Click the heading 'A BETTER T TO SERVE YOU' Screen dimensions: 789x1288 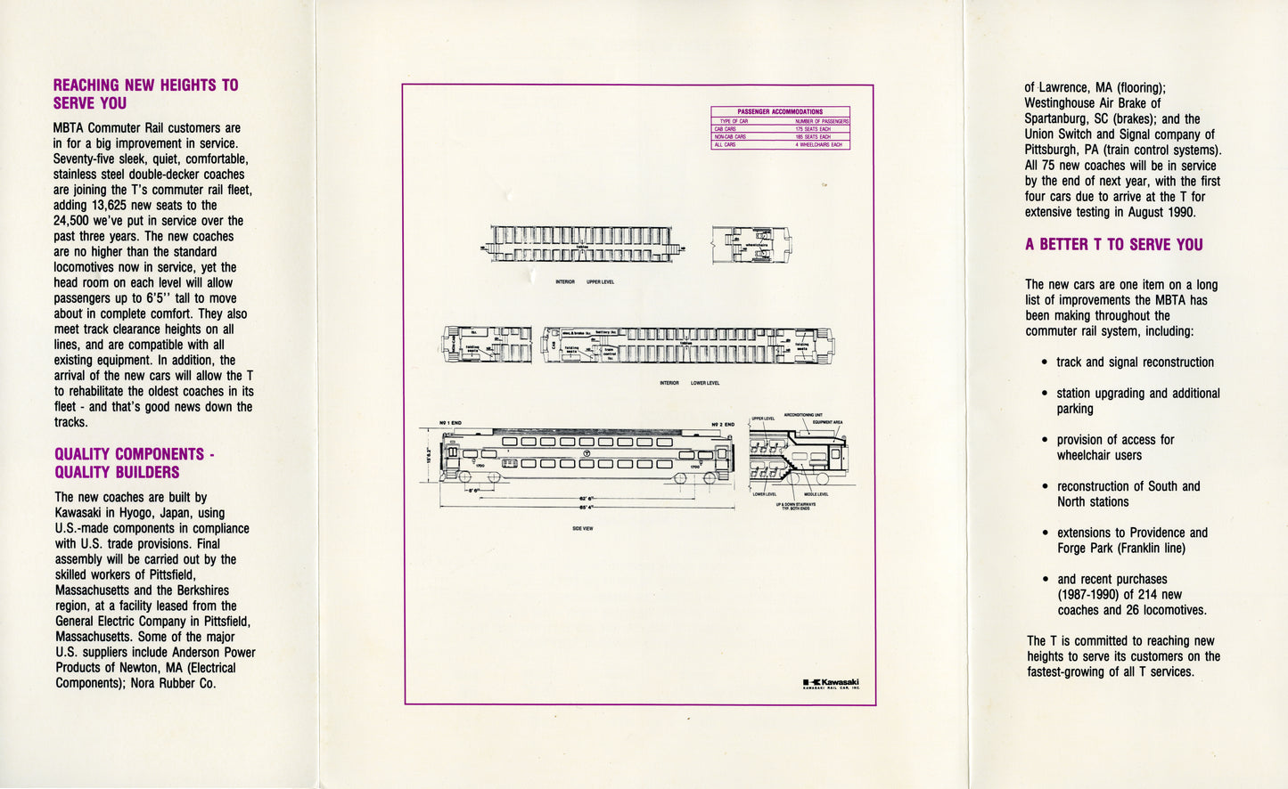tap(1113, 245)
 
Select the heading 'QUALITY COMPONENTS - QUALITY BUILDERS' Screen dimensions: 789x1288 tap(134, 463)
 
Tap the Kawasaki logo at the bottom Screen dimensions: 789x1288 tap(831, 684)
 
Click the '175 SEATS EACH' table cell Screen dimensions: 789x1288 tap(812, 129)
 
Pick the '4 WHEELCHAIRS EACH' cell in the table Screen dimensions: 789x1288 tap(818, 144)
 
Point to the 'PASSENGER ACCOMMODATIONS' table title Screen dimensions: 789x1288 tap(780, 112)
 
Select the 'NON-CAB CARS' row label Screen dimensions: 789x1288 tap(730, 137)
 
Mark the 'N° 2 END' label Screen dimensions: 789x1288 tap(722, 424)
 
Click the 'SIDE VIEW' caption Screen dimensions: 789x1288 tap(583, 528)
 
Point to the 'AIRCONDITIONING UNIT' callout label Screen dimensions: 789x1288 tap(803, 415)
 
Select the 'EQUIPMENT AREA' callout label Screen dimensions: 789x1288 tap(826, 422)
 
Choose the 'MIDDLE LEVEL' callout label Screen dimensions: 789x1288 tap(816, 494)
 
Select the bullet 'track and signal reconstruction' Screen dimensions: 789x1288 tap(1135, 362)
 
